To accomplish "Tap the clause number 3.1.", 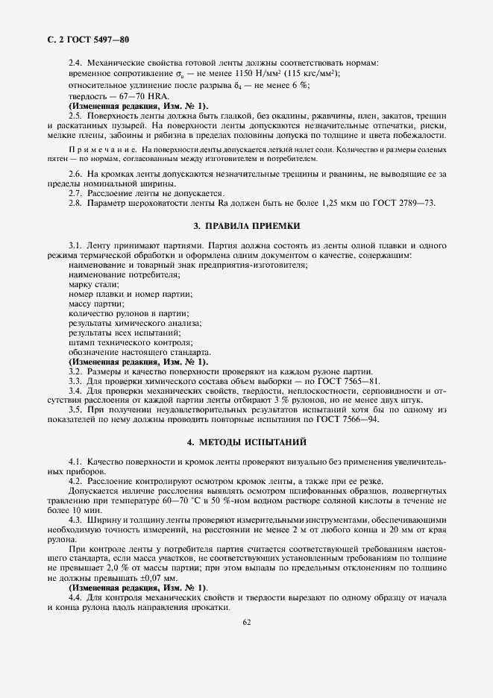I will coord(75,245).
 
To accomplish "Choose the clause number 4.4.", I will coord(75,599).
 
